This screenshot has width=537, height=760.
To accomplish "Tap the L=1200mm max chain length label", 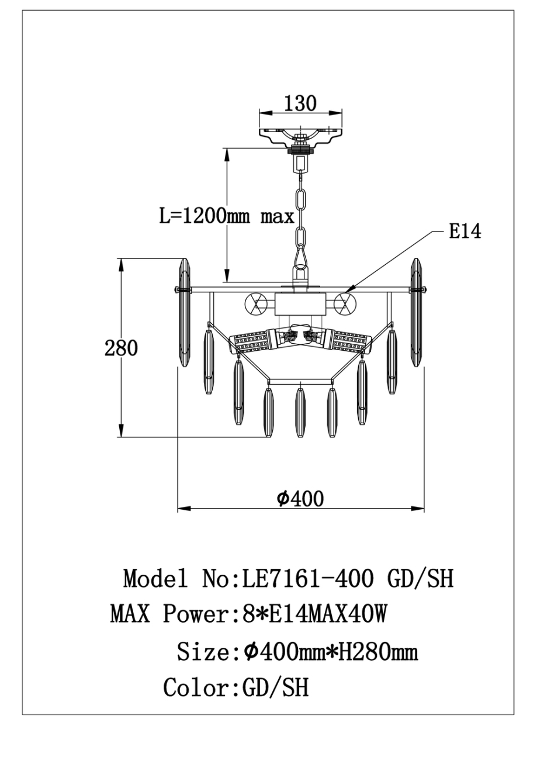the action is pos(227,216).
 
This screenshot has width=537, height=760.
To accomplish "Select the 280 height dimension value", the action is pos(121,348).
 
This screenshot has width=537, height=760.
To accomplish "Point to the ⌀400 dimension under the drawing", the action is pos(300,499).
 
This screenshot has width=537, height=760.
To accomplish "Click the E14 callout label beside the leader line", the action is pos(465,232).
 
